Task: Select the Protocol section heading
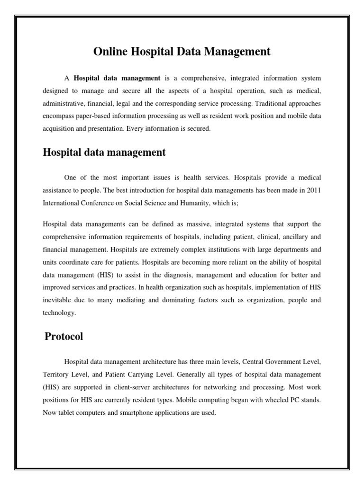tap(64, 337)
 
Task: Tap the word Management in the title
tap(239, 52)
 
